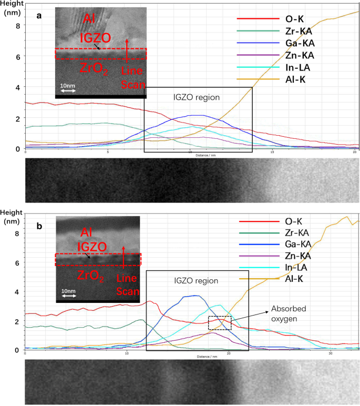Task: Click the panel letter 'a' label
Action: point(39,16)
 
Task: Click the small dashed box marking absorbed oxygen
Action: point(220,323)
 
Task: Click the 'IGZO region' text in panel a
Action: point(197,97)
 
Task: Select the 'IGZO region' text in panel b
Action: point(196,281)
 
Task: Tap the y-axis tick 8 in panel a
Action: point(18,25)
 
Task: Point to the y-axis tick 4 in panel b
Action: point(18,291)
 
